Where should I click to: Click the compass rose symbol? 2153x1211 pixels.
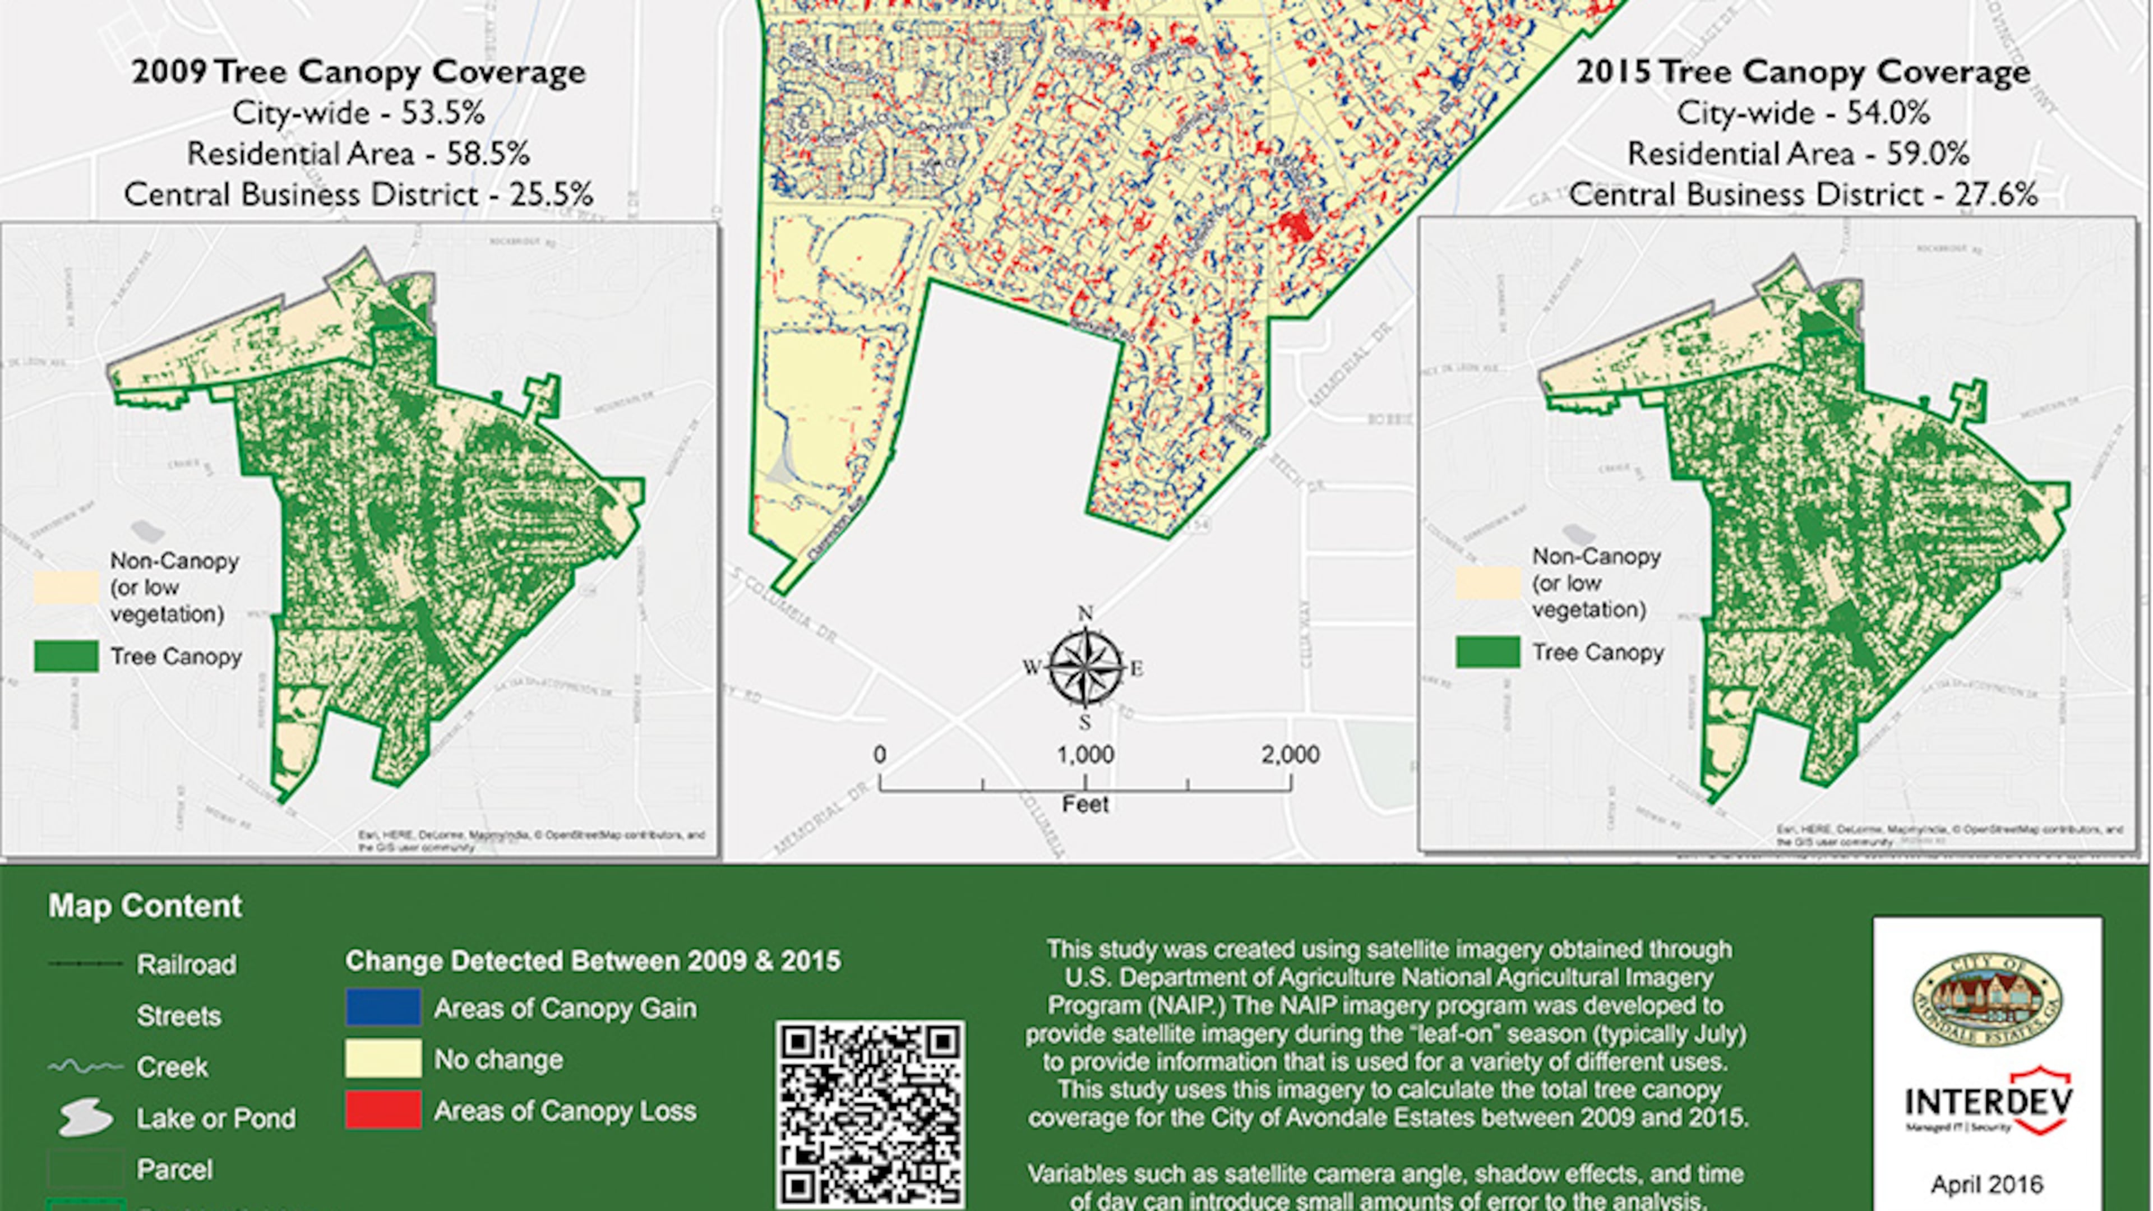coord(1085,668)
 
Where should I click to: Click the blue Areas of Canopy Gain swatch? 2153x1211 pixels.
coord(384,1007)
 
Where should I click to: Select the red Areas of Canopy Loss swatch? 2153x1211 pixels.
coord(384,1110)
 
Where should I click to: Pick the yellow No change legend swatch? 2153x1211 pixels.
coord(384,1059)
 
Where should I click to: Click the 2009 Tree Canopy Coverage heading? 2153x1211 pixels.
coord(359,72)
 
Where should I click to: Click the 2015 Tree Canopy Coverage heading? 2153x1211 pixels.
coord(1803,72)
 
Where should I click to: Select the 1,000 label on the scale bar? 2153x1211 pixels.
coord(1085,755)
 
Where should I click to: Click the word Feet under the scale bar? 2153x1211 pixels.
coord(1085,804)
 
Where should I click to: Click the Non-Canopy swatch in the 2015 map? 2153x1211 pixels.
coord(1487,583)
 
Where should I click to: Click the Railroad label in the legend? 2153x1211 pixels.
coord(186,964)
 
